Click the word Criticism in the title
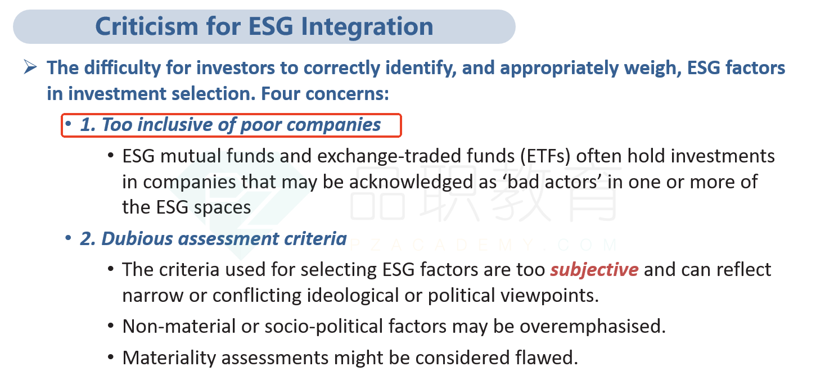pos(147,26)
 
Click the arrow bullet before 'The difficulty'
pos(30,67)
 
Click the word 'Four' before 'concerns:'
pos(280,93)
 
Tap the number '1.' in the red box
pos(88,125)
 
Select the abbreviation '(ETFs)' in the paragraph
pos(545,156)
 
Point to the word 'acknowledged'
pos(411,182)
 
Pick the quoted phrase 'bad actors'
pos(552,182)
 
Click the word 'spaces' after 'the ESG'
pos(223,208)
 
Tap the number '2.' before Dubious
pos(88,239)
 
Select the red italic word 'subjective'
pos(594,270)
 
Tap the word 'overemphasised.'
pos(593,327)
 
